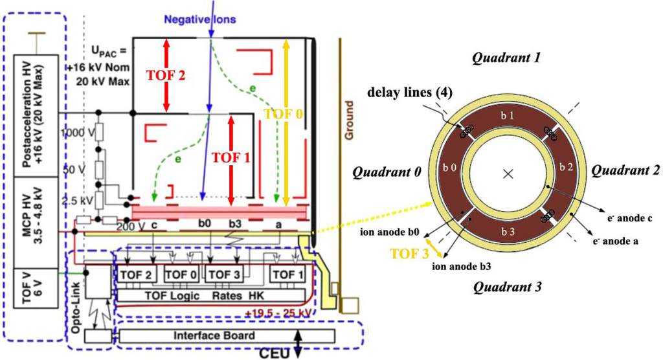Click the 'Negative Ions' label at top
click(201, 19)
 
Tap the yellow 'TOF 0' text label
click(282, 115)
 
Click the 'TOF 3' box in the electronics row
click(223, 275)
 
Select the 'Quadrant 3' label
click(506, 287)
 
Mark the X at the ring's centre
click(508, 174)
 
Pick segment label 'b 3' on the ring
click(508, 231)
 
